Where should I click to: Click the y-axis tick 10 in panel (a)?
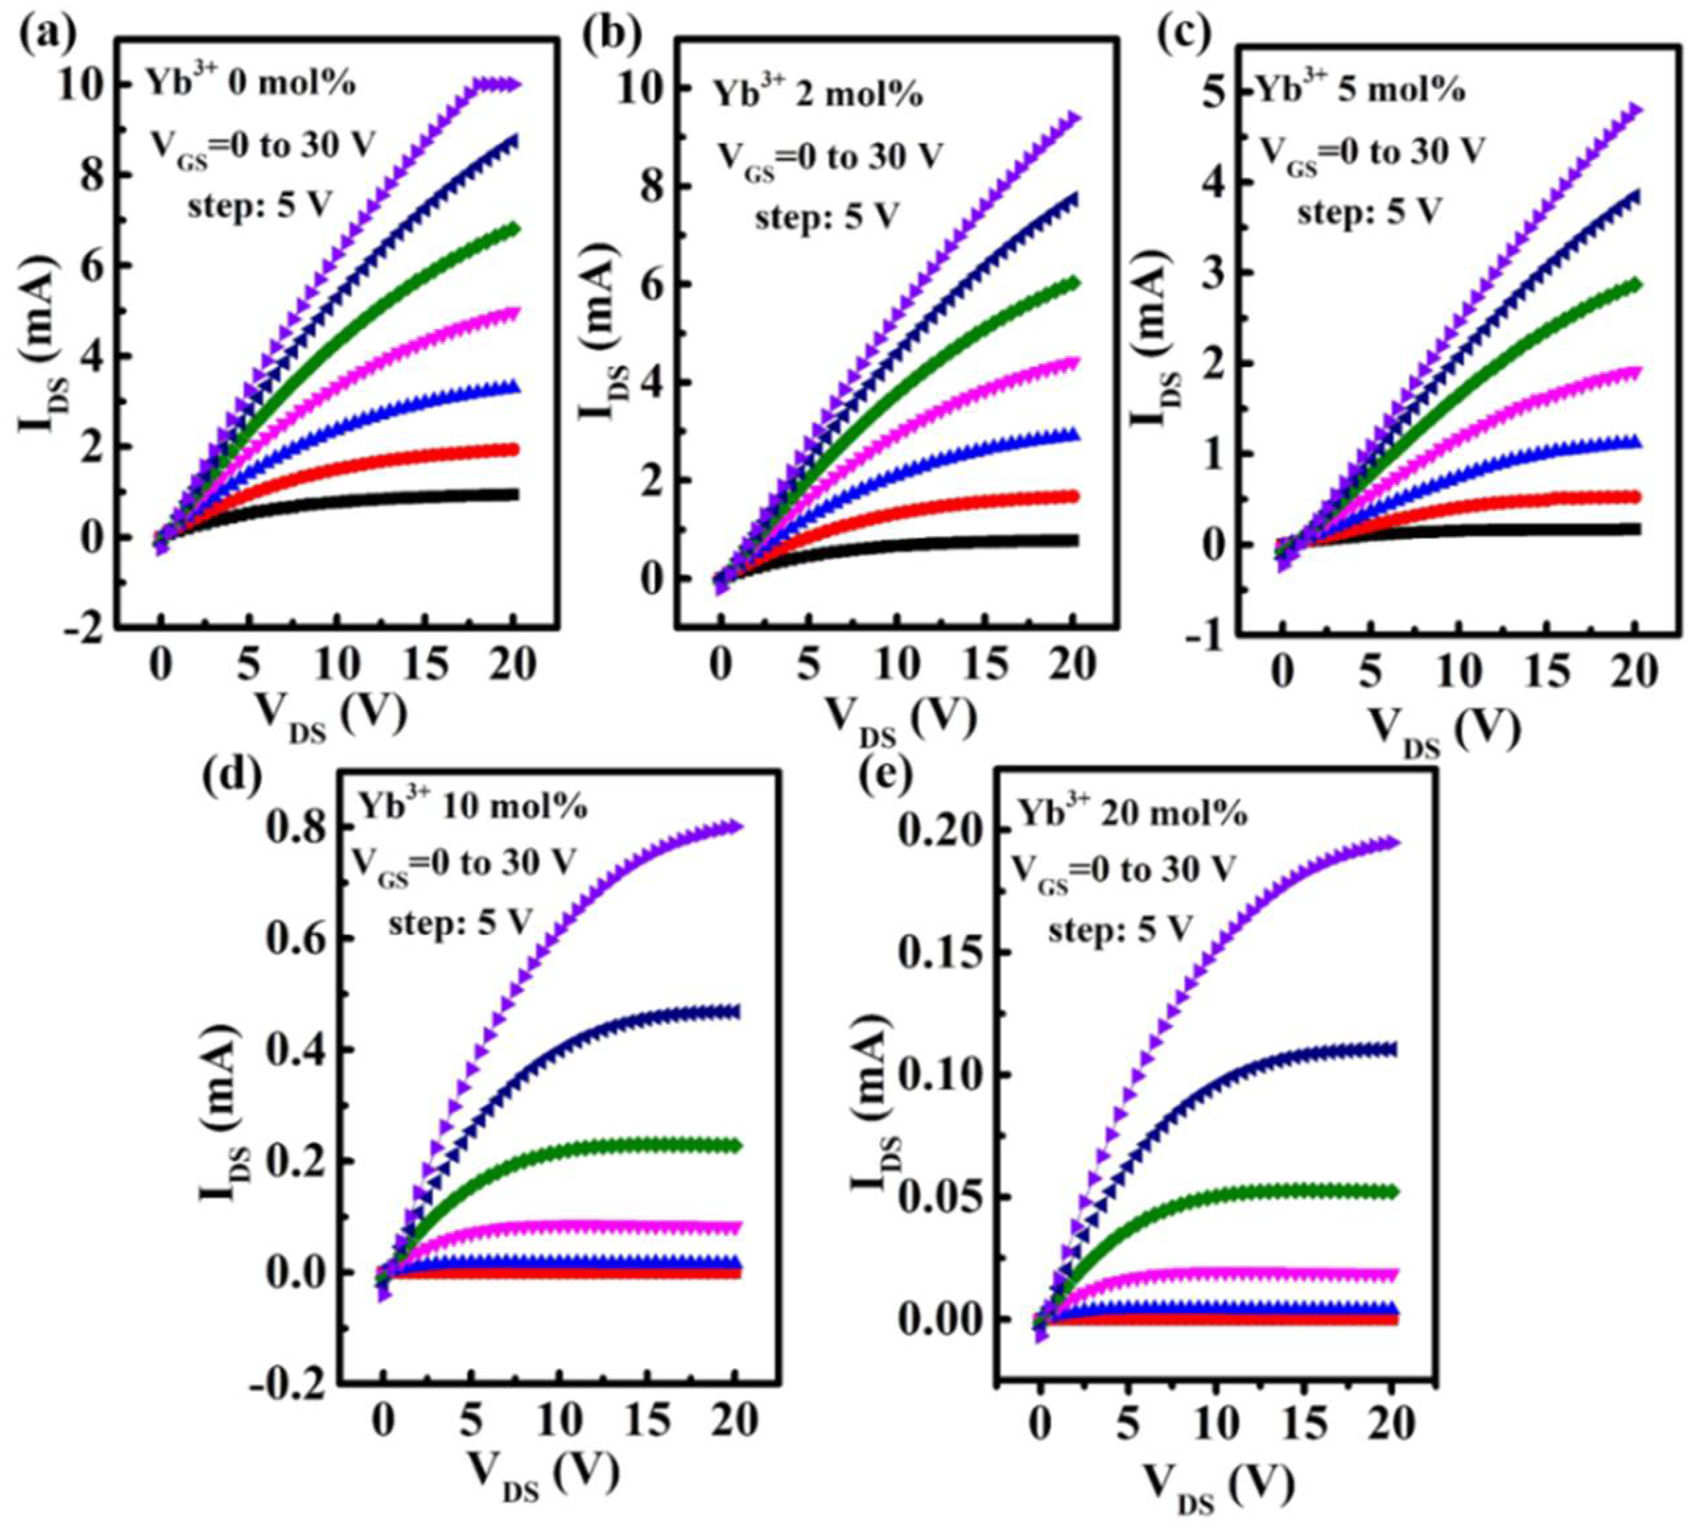(x=79, y=84)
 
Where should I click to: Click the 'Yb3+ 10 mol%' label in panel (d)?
(x=473, y=806)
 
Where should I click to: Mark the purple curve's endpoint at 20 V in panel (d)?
(x=735, y=827)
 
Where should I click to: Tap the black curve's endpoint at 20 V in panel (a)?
(x=512, y=494)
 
